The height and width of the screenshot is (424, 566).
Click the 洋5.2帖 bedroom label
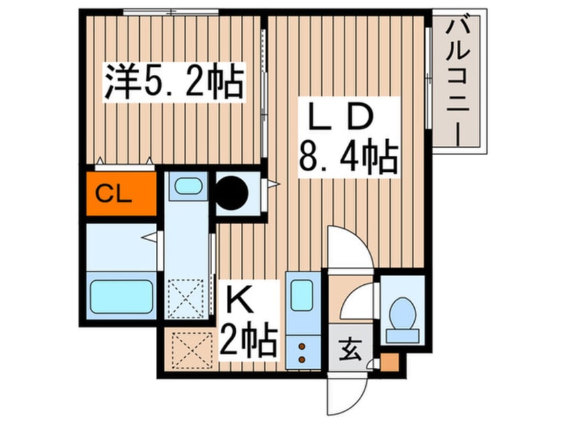coord(173,82)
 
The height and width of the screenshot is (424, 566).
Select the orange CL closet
coord(120,195)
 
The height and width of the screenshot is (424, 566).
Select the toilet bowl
coord(403,313)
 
